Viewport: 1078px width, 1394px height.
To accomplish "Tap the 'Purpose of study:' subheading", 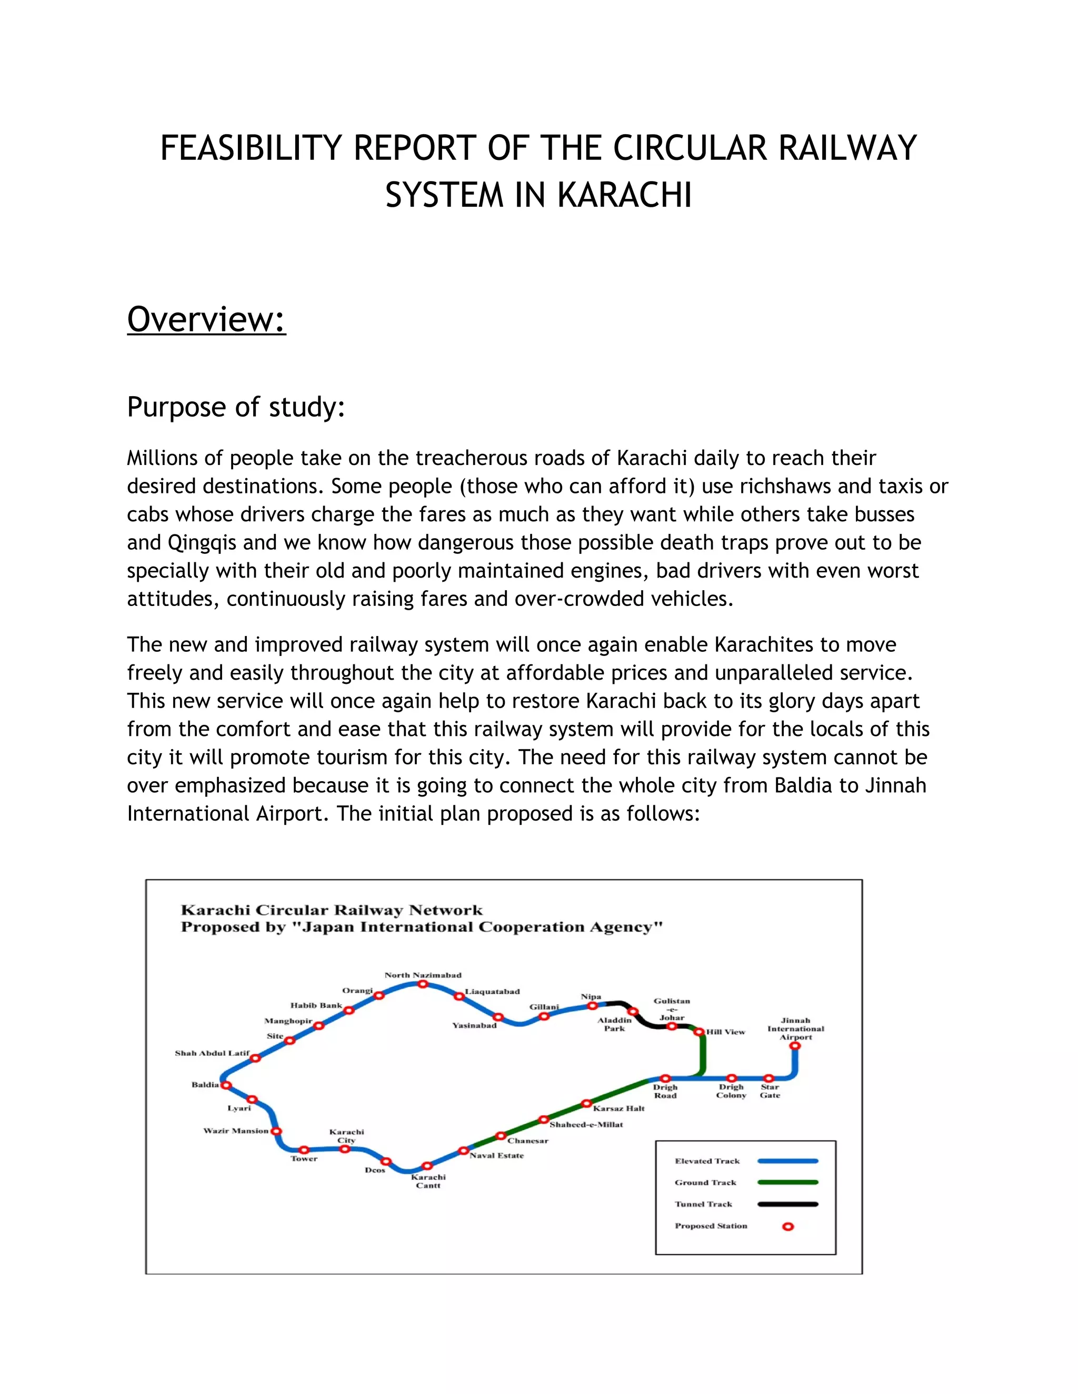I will (236, 407).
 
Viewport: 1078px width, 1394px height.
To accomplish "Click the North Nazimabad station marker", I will (423, 984).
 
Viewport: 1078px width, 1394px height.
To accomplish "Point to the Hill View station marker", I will (700, 1032).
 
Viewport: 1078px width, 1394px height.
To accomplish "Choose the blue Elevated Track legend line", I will (787, 1161).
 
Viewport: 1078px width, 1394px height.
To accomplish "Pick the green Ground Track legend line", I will (787, 1183).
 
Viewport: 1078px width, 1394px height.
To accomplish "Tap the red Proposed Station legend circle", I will (788, 1226).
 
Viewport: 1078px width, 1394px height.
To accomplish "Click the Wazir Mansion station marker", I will (276, 1131).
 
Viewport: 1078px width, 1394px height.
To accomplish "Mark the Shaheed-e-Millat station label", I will (586, 1125).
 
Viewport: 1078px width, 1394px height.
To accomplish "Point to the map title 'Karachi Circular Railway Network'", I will (332, 910).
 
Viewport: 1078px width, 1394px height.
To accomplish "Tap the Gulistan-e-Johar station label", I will (672, 1009).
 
